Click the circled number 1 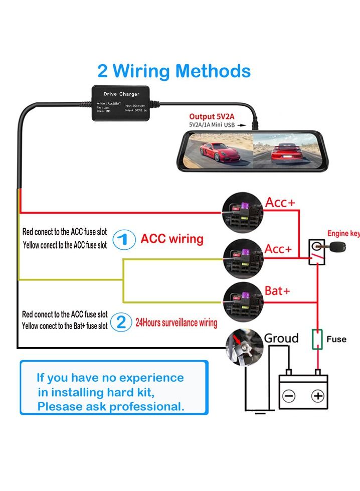(123, 239)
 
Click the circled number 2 (121, 321)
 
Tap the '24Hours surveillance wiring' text (176, 323)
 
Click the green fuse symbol (317, 340)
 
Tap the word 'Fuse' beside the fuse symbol (336, 339)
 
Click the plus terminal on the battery (318, 396)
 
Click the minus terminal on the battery (290, 396)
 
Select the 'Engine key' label (342, 233)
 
